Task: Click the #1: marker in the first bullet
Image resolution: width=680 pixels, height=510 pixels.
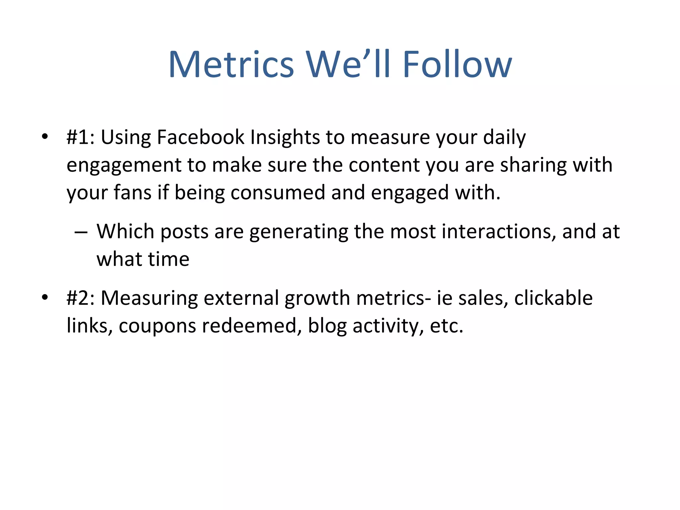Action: click(x=81, y=137)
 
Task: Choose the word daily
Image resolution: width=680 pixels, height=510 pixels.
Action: click(x=504, y=137)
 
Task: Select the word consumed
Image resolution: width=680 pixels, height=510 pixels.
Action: click(x=278, y=193)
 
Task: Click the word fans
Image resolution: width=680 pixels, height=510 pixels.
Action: click(x=132, y=193)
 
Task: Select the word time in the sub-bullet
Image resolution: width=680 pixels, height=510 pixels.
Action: click(x=169, y=259)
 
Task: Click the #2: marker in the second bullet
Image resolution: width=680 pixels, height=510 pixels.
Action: click(x=81, y=297)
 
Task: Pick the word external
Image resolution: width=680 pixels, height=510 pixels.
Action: click(x=241, y=297)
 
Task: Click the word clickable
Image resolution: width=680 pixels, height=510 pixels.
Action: click(x=553, y=297)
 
